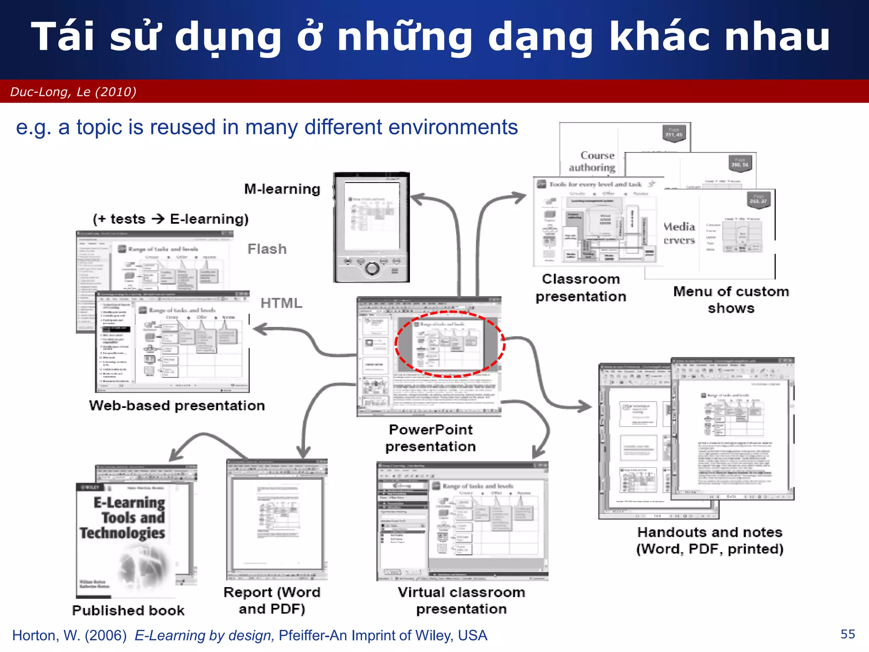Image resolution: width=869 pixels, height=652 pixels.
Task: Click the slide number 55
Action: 847,634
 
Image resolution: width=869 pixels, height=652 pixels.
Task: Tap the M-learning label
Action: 282,189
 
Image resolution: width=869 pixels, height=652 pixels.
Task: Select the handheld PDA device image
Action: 372,227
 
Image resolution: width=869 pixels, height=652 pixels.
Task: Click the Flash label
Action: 267,249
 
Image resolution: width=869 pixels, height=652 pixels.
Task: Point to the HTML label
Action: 281,303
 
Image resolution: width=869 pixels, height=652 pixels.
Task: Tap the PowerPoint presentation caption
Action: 431,438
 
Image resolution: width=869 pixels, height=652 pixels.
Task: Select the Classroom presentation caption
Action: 581,288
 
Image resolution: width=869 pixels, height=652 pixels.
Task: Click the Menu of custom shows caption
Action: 731,300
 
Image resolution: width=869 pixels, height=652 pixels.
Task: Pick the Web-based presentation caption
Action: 177,406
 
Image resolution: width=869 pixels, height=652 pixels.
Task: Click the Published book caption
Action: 128,610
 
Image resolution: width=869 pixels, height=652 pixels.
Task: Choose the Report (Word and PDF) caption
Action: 272,601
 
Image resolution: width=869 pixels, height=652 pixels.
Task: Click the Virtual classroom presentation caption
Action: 462,601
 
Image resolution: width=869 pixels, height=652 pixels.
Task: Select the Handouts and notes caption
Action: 710,540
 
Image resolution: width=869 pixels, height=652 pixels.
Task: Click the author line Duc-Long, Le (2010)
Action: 73,92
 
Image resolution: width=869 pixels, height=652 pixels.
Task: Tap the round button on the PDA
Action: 372,268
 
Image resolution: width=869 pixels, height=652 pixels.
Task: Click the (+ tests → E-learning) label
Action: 171,219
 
